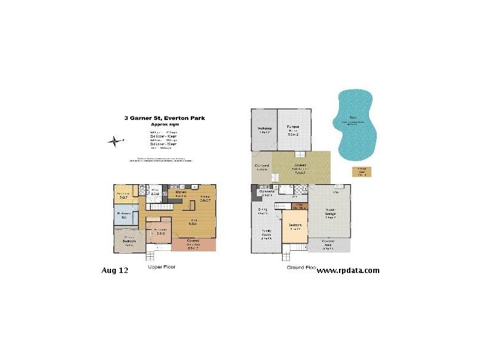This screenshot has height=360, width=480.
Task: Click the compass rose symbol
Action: point(113,142)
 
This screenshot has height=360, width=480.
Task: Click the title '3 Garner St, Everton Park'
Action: point(164,118)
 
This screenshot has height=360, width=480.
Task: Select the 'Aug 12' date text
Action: point(115,271)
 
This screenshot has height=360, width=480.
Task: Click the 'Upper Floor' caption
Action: point(161,266)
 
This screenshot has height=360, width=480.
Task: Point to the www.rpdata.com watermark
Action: point(347,271)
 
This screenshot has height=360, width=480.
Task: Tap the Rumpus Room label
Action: point(293,129)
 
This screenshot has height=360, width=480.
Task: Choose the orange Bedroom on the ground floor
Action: point(295,229)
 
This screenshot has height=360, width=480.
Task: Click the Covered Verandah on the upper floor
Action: point(193,245)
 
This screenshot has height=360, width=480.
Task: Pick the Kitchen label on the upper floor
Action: point(182,194)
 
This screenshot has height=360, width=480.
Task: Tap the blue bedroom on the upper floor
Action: point(126,215)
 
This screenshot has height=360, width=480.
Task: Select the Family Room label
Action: point(266,234)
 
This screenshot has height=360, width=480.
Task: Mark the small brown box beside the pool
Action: point(362,171)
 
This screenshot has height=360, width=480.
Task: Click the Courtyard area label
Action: point(261,168)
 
